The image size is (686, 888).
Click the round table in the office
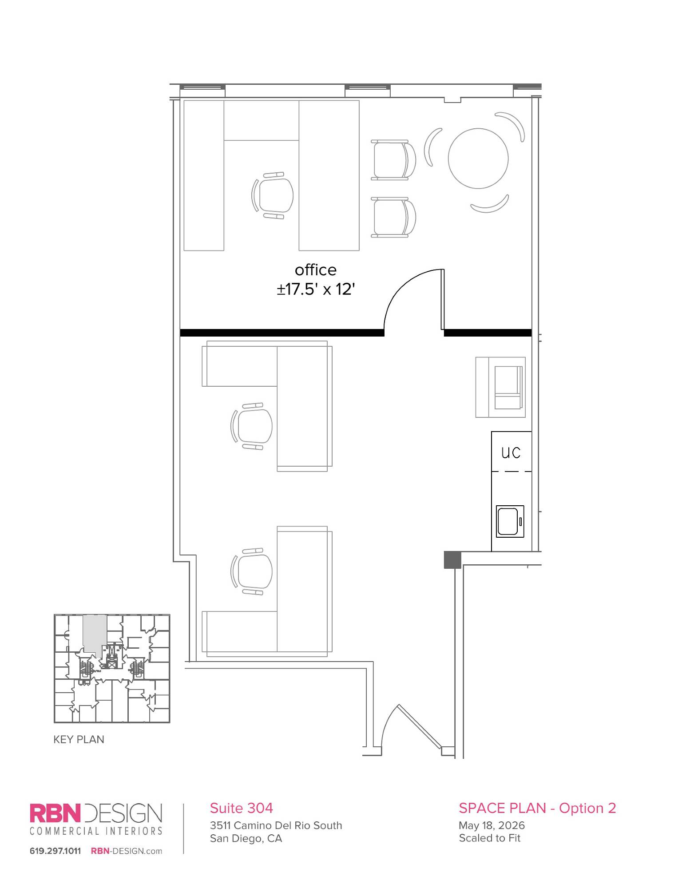[478, 158]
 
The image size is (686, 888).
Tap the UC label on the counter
[511, 452]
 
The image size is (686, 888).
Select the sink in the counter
[510, 521]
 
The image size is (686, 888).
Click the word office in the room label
[316, 270]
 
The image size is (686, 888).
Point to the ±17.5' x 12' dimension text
[316, 289]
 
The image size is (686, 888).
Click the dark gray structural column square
[452, 559]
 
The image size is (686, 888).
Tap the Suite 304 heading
[241, 808]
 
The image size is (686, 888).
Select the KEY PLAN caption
[79, 739]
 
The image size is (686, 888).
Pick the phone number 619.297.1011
[56, 851]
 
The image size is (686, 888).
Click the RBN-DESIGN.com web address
[127, 851]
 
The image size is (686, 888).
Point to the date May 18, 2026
[492, 825]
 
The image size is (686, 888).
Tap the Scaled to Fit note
[489, 838]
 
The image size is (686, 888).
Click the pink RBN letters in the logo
[56, 813]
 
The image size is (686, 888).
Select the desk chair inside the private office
[273, 195]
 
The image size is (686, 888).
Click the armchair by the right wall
[500, 387]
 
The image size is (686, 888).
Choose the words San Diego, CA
[246, 838]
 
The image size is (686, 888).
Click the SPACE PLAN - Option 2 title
[537, 808]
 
